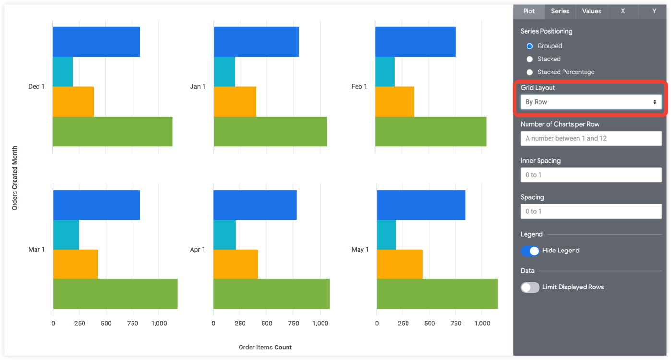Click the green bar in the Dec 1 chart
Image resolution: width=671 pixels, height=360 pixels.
coord(112,131)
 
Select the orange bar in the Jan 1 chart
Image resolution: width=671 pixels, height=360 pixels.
coord(235,101)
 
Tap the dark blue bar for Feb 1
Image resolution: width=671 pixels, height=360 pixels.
coord(415,42)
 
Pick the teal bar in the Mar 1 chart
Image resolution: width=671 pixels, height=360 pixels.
coord(66,235)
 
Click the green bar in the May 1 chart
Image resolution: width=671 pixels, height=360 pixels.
coord(437,294)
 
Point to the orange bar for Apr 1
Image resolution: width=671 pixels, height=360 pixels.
coord(235,264)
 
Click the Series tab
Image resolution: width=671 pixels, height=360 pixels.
coord(560,11)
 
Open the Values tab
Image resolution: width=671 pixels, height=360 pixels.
coord(591,11)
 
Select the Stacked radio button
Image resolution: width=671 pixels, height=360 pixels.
coord(530,59)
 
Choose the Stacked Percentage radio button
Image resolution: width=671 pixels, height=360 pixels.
coord(530,72)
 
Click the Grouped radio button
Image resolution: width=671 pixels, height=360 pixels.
coord(530,46)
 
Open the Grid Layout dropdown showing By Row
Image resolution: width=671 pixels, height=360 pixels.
coord(591,102)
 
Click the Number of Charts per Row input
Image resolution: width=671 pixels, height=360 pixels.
coord(591,138)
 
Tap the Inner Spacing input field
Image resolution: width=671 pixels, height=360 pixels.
coord(591,175)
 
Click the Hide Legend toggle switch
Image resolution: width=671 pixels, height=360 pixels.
coord(530,251)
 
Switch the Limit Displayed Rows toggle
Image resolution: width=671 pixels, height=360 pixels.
coord(530,287)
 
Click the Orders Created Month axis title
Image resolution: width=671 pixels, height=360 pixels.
coord(15,178)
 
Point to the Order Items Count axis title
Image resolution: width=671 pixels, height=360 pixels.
coord(265,347)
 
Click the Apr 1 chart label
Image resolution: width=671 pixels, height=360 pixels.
coord(197,250)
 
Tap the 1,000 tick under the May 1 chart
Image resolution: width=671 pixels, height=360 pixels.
coord(482,324)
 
